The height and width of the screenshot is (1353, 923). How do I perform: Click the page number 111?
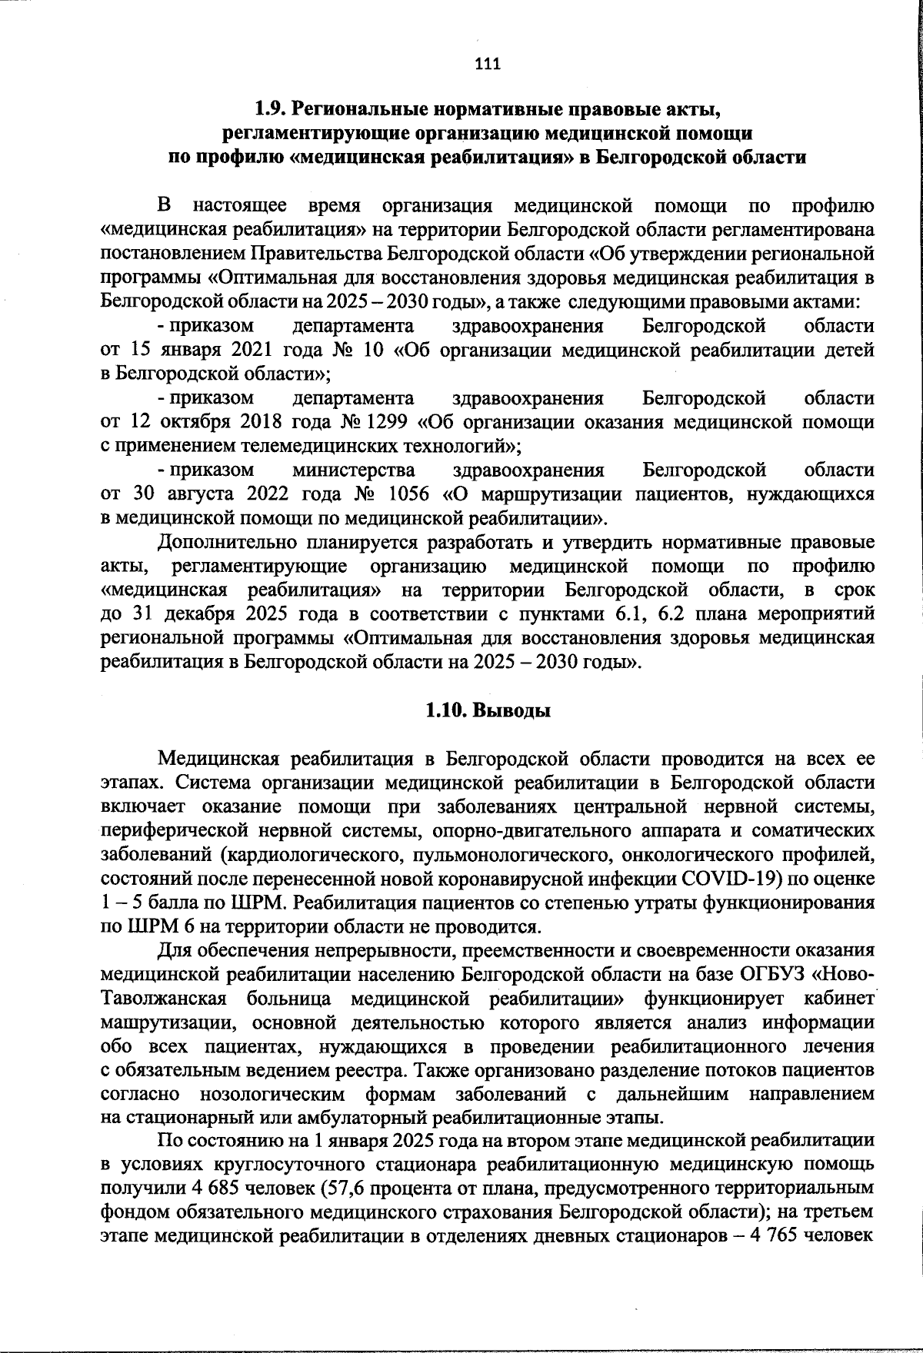coord(488,64)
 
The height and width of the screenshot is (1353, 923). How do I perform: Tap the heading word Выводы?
coord(511,711)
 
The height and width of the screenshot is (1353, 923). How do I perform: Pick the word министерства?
coord(353,469)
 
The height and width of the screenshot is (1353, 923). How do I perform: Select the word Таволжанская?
coord(163,999)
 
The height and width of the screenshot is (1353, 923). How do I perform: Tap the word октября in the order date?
coord(198,422)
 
